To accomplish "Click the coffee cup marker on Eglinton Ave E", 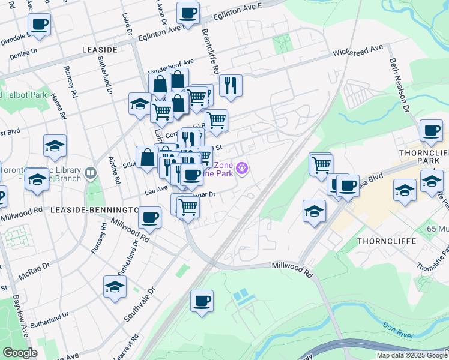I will [x=188, y=13].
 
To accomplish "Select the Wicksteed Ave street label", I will [x=358, y=50].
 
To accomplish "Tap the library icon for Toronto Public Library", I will [x=91, y=173].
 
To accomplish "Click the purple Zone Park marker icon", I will [x=242, y=168].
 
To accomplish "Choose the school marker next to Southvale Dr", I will [x=115, y=287].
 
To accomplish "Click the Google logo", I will [x=20, y=353].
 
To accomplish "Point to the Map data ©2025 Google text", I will [x=412, y=355].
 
